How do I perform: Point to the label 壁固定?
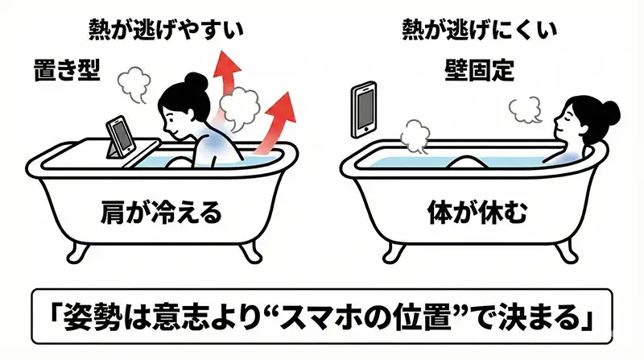[479, 70]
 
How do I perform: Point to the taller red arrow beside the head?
[230, 72]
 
